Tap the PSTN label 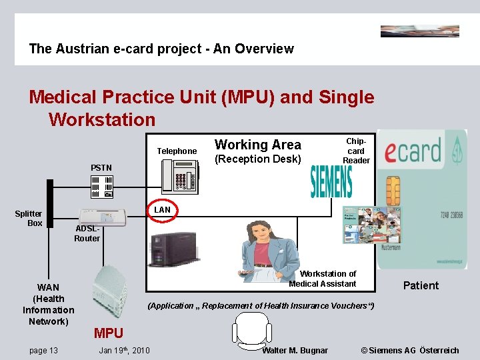102,167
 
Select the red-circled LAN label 163,209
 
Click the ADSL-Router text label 87,233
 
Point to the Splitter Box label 29,219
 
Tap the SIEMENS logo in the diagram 331,182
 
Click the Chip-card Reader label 356,151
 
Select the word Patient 421,286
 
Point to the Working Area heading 258,145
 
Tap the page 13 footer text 44,351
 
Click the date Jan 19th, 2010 124,351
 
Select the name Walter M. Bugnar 295,351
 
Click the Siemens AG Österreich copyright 409,351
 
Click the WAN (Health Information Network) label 49,305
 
